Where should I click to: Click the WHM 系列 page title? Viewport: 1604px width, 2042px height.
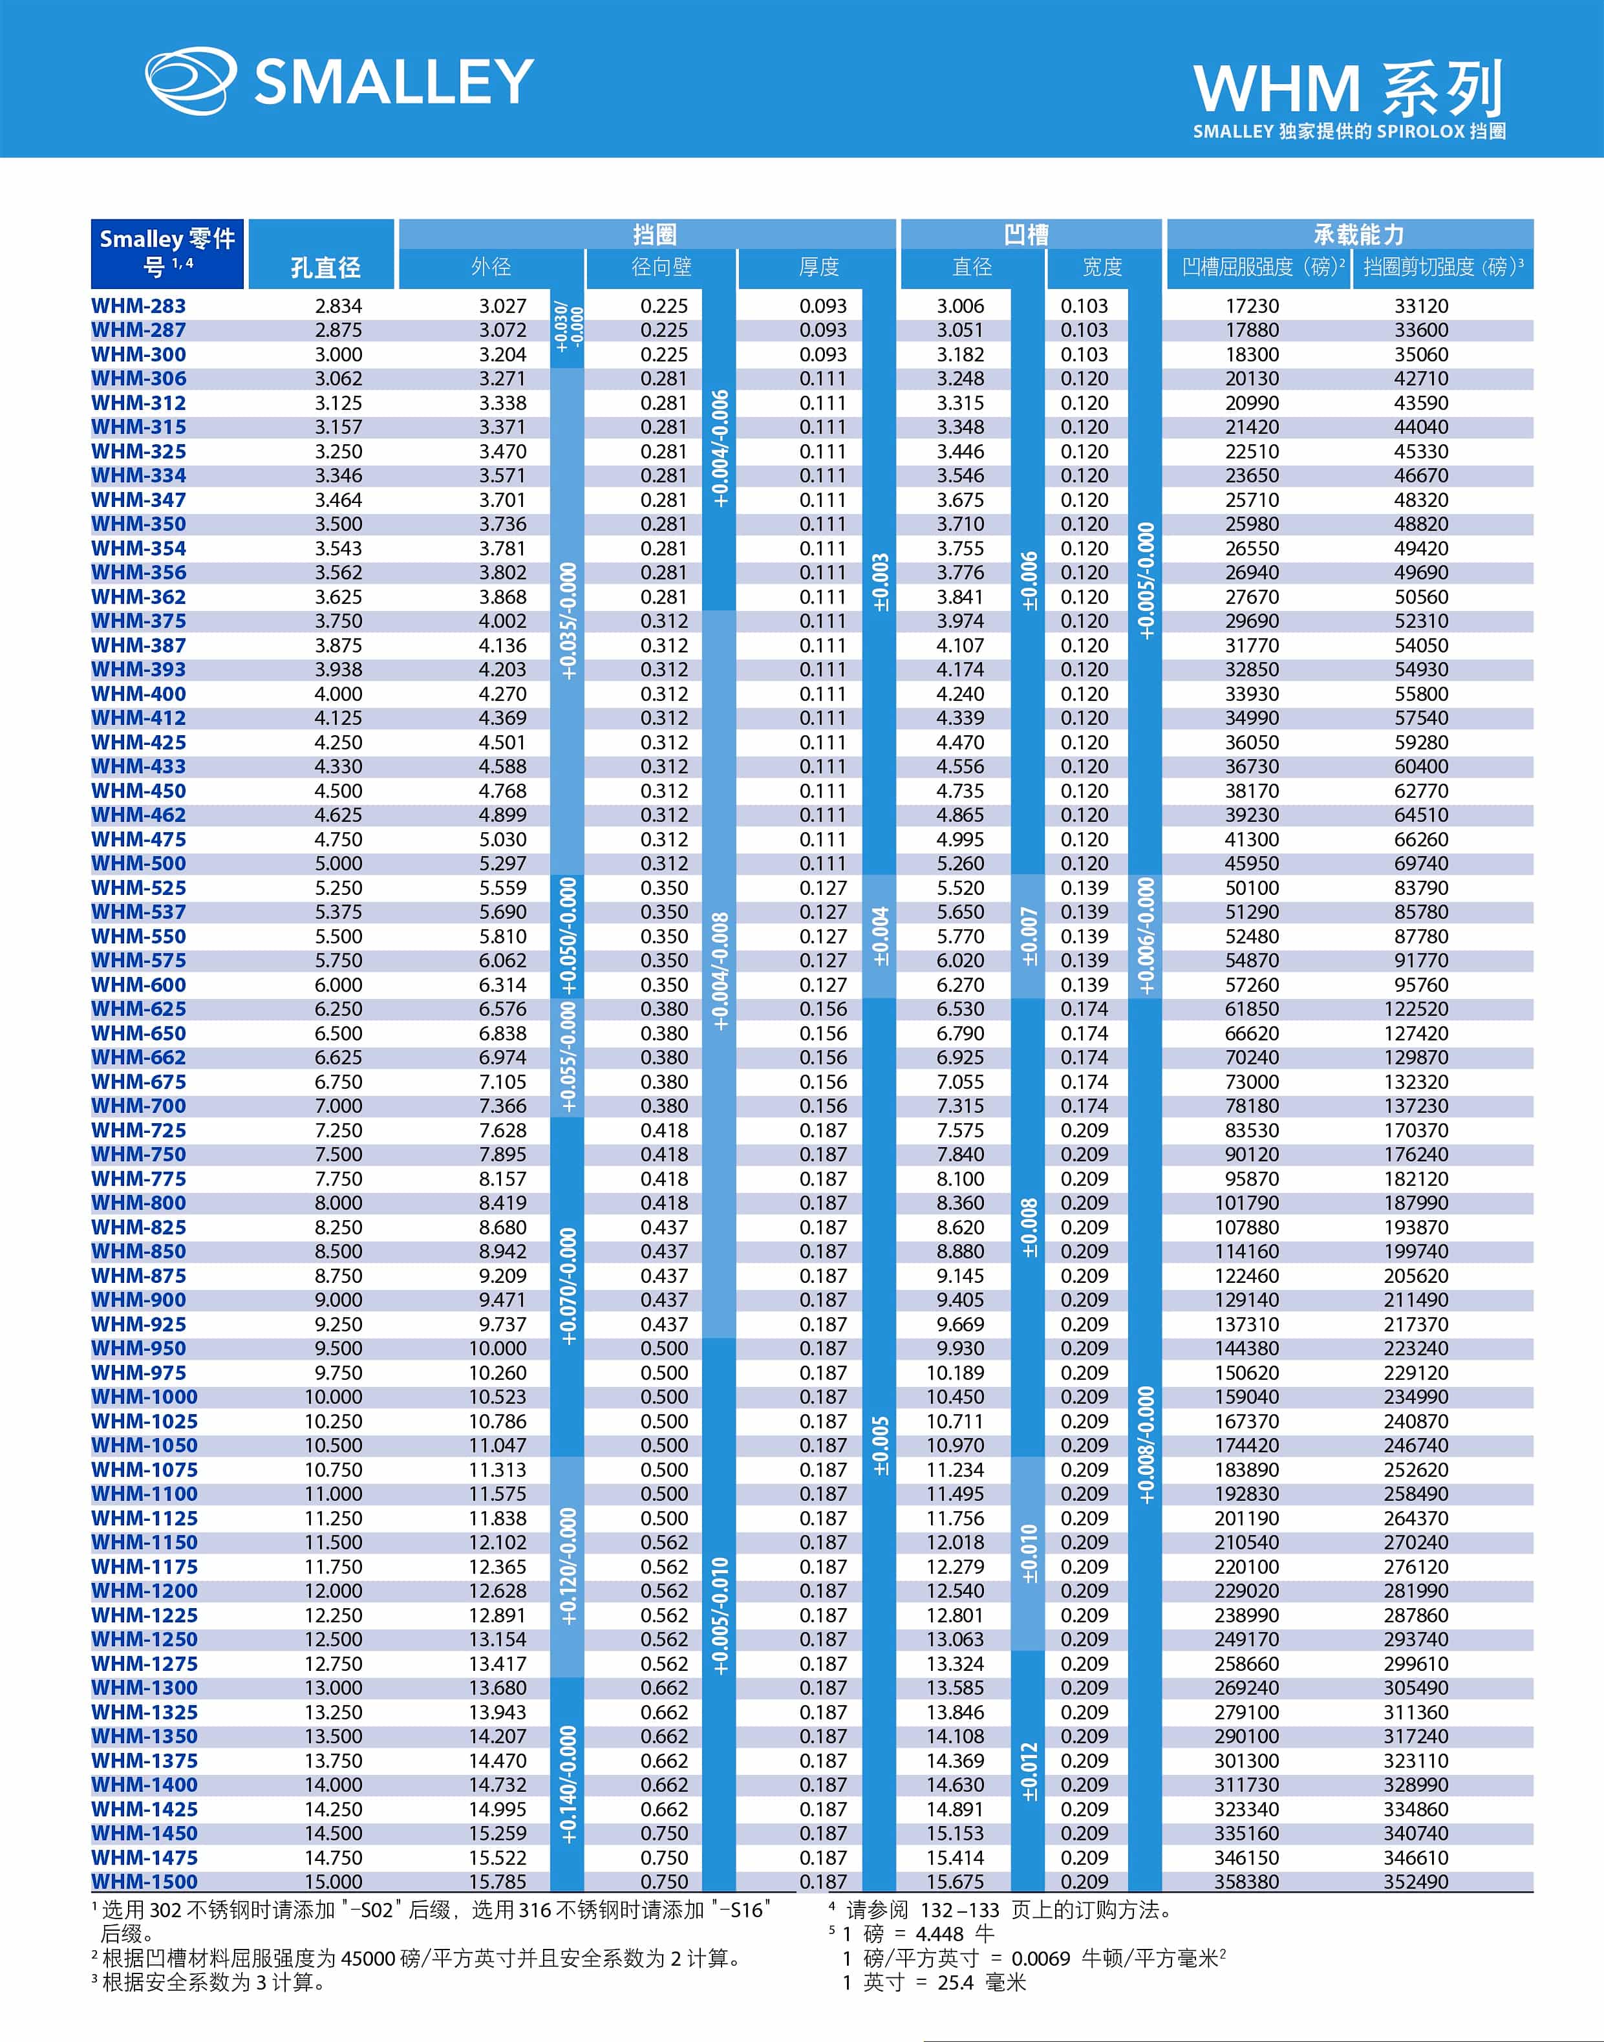click(1347, 90)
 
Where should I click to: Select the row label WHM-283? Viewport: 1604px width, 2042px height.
click(139, 306)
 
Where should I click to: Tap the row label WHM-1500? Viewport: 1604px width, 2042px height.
click(145, 1882)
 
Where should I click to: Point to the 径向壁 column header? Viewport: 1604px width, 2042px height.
click(661, 268)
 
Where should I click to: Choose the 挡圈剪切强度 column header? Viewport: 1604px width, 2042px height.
click(1442, 268)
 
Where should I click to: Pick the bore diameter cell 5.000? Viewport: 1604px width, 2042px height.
click(338, 863)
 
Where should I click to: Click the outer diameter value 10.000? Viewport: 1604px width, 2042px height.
click(498, 1348)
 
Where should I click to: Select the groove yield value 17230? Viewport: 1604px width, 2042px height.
click(1252, 306)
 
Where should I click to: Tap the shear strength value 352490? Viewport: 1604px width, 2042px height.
click(1415, 1882)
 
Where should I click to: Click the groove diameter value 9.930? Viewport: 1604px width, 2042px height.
click(960, 1348)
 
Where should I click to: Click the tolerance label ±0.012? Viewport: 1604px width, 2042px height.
click(1029, 1772)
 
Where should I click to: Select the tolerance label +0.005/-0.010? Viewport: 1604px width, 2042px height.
click(720, 1616)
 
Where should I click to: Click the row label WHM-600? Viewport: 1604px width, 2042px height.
click(139, 984)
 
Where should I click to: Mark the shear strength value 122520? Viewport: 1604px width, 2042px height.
click(1415, 1009)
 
